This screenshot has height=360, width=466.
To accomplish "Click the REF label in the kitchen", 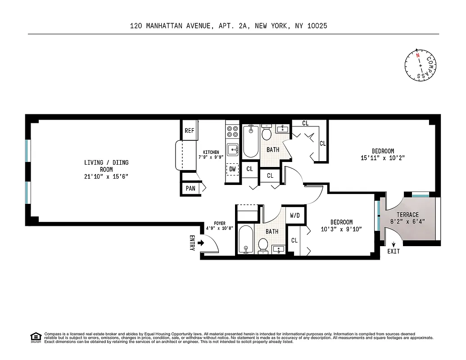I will tap(189, 131).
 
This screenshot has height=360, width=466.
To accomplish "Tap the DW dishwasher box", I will tap(232, 169).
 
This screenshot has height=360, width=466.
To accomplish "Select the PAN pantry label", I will tap(190, 189).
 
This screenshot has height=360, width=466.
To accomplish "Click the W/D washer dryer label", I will tap(294, 216).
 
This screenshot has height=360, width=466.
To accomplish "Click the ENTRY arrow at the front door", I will tap(201, 243).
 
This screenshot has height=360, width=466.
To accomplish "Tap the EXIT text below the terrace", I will tap(393, 251).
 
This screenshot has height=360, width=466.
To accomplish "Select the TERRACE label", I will tap(407, 215).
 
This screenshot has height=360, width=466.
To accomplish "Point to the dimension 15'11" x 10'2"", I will tap(383, 158).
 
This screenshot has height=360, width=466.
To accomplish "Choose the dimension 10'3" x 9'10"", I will tap(341, 229).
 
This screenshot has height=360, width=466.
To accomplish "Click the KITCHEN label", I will tap(211, 152).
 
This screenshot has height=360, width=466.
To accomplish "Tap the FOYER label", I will tap(219, 223).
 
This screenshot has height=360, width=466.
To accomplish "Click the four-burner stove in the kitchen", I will tap(232, 131).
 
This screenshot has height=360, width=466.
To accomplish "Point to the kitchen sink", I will tap(233, 149).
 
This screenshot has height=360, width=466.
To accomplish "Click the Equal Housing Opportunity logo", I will tap(35, 337).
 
